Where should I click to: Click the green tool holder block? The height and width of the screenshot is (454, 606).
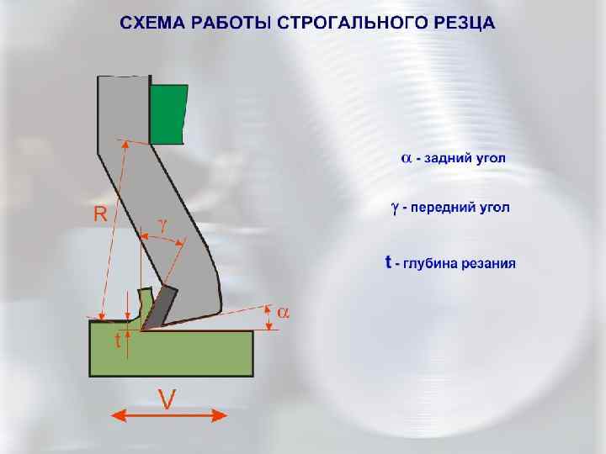pyautogui.click(x=168, y=113)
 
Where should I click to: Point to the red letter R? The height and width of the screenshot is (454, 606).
pyautogui.click(x=99, y=214)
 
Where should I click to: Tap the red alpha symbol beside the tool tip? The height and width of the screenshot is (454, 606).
pyautogui.click(x=283, y=313)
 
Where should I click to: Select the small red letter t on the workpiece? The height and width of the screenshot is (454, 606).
pyautogui.click(x=118, y=342)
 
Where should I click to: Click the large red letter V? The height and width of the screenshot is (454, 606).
pyautogui.click(x=167, y=399)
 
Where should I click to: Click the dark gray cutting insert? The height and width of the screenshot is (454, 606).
pyautogui.click(x=161, y=307)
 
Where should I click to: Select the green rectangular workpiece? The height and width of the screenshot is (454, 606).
pyautogui.click(x=172, y=353)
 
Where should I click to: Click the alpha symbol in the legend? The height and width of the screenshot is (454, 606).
pyautogui.click(x=406, y=158)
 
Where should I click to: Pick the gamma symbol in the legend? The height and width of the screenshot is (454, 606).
pyautogui.click(x=394, y=207)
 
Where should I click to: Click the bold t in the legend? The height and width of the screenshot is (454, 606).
pyautogui.click(x=388, y=262)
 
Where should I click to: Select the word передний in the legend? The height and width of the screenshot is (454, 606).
pyautogui.click(x=442, y=207)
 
